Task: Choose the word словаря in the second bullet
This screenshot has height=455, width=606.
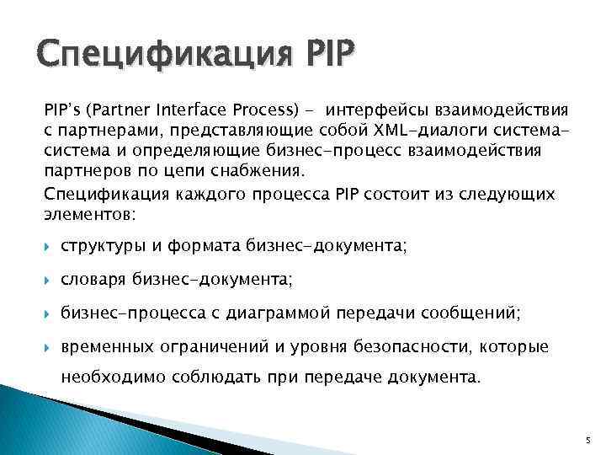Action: (90, 279)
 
